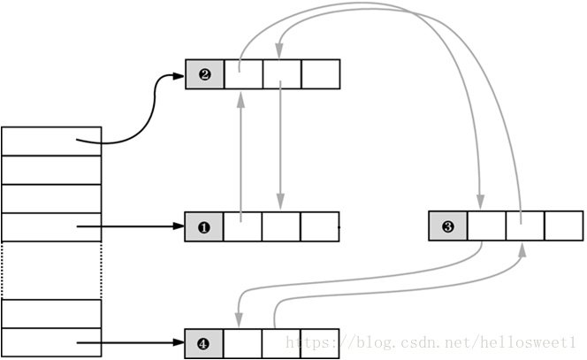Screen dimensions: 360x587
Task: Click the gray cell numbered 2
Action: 205,74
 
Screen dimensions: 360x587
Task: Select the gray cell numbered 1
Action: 204,226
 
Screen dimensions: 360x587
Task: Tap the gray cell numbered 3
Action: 447,226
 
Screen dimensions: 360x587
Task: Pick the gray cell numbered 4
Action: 204,343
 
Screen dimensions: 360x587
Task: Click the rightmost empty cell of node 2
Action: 320,74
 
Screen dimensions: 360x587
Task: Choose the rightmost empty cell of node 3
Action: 563,226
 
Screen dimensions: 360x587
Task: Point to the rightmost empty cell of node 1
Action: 320,226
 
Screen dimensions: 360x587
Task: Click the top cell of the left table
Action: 51,142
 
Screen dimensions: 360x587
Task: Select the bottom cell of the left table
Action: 51,342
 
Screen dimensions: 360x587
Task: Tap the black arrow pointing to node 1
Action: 133,227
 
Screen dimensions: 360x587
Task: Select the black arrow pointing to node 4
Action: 133,343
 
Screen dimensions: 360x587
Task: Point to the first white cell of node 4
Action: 243,343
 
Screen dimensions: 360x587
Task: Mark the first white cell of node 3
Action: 486,226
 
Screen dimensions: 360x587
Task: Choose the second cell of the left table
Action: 51,170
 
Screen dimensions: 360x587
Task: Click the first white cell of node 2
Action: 243,74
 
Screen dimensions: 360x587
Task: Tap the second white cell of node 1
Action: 281,226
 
